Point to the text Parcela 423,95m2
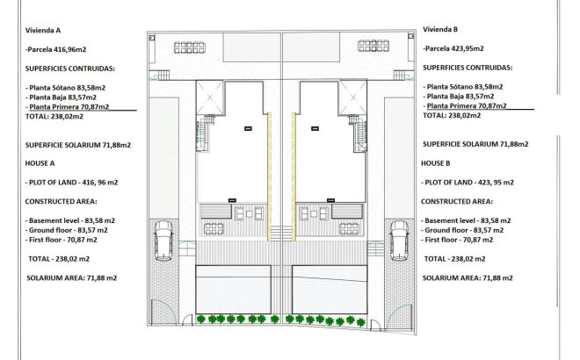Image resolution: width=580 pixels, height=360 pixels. pyautogui.click(x=457, y=49)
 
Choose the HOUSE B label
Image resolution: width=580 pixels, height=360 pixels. pyautogui.click(x=437, y=163)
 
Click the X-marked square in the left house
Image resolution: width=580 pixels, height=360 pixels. pyautogui.click(x=212, y=97)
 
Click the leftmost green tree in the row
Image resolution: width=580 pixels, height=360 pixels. pyautogui.click(x=200, y=320)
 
